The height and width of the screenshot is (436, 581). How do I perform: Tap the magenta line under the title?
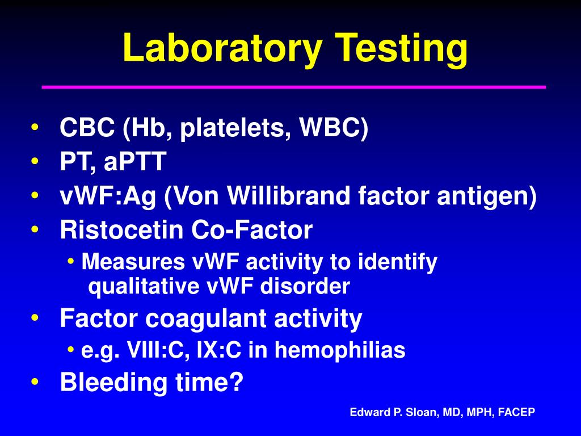click(294, 87)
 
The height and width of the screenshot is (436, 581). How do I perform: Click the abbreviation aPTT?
click(135, 162)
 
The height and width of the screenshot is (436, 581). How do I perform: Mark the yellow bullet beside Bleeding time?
click(36, 383)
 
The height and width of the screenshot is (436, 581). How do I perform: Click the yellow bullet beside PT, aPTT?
click(36, 162)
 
